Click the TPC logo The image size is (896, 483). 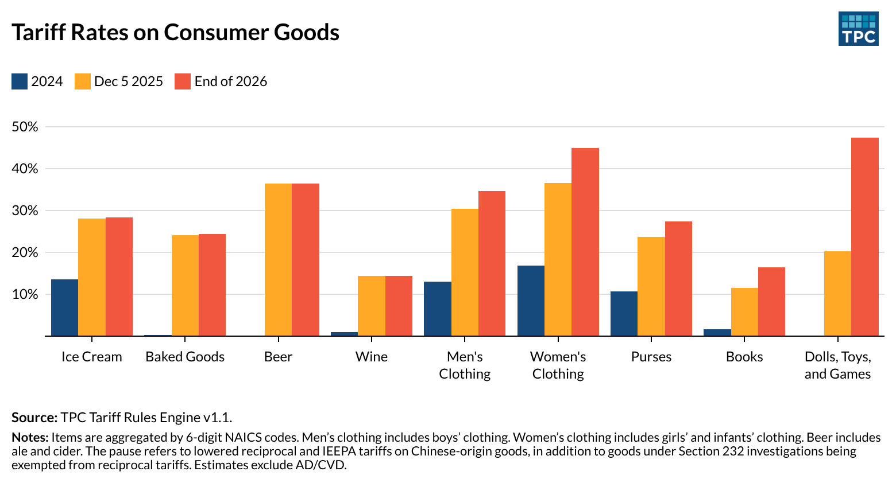pos(858,29)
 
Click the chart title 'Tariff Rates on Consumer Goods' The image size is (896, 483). pos(175,33)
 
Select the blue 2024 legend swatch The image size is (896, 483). pos(20,81)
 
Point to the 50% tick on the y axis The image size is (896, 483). pos(25,127)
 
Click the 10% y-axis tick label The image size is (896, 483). pos(25,294)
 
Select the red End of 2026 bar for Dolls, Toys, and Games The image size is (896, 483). pos(864,236)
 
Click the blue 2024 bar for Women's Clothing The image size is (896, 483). pos(531,301)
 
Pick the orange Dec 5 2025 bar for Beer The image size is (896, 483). pos(278,259)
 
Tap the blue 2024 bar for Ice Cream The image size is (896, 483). pos(64,307)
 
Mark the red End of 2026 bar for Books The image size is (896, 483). pos(771,301)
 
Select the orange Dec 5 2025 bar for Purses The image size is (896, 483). pos(651,286)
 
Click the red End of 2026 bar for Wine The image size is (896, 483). pos(399,306)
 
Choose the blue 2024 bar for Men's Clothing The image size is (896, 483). pos(437,309)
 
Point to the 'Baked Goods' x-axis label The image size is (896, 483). pos(185,357)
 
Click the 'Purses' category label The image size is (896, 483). pos(651,357)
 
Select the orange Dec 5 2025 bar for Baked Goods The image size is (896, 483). pos(185,285)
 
